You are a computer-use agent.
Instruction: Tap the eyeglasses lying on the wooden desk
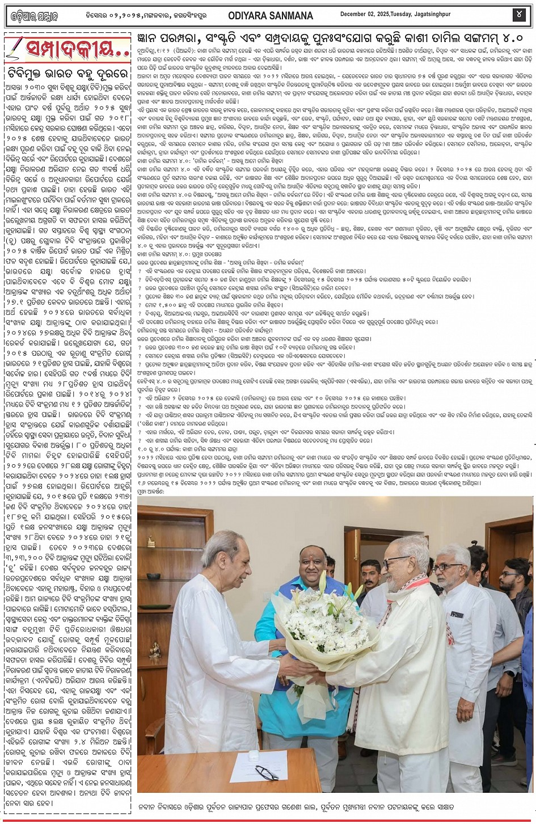267,771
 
